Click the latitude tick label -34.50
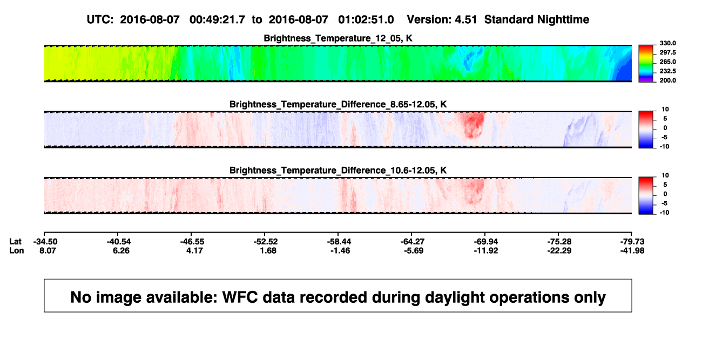coord(45,242)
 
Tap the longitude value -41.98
coord(632,250)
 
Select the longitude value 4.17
coord(194,250)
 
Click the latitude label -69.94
coord(486,242)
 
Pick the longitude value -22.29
coord(559,250)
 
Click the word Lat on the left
coord(15,242)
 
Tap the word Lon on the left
coord(17,250)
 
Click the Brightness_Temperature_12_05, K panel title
coord(338,38)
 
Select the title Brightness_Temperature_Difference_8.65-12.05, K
coord(338,104)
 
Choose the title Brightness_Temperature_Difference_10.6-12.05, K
coord(338,171)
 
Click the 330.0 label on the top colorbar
coord(667,43)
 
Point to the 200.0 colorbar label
coord(667,80)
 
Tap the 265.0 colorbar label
coord(667,62)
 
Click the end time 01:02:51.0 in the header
coord(366,19)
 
